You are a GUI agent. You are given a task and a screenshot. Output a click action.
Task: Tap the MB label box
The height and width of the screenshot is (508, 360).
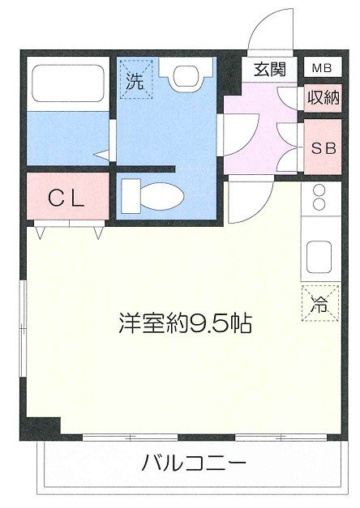(322, 68)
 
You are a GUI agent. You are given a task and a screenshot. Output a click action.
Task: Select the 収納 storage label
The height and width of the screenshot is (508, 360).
(322, 97)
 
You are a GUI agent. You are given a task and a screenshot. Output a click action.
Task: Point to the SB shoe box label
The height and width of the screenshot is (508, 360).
(323, 147)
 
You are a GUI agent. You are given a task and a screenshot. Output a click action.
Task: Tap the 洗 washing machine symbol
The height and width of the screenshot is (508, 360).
(135, 79)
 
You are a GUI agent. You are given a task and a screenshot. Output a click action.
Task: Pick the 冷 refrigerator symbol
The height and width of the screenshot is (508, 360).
(319, 304)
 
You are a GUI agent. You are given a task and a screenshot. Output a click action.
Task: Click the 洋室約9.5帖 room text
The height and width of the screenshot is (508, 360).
(185, 325)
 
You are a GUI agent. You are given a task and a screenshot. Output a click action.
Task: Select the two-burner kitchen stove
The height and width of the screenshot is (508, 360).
(319, 199)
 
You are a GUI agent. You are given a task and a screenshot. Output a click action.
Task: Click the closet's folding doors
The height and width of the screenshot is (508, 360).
(69, 230)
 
